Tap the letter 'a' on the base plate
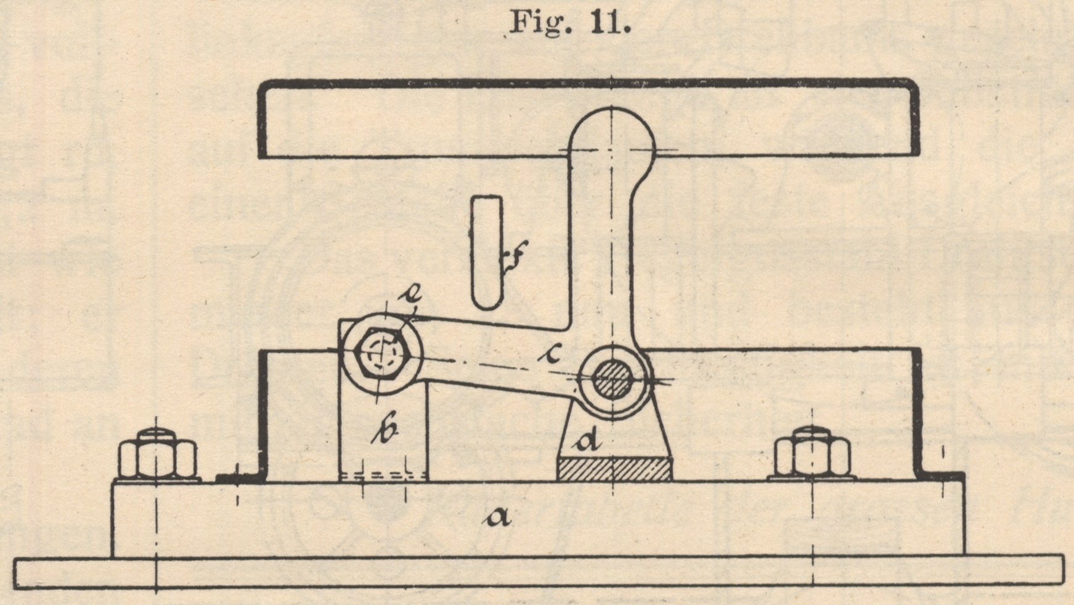pyautogui.click(x=497, y=517)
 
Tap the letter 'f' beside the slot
pyautogui.click(x=515, y=259)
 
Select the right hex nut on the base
pyautogui.click(x=813, y=455)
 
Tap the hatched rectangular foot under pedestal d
pyautogui.click(x=614, y=469)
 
